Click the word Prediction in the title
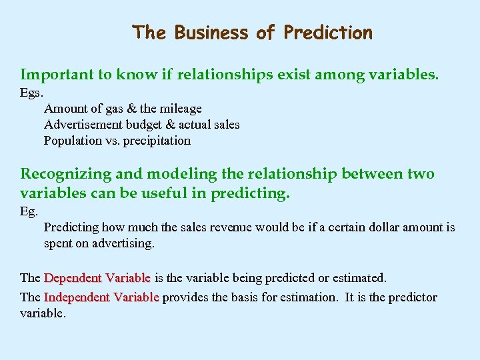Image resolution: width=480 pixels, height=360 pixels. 328,33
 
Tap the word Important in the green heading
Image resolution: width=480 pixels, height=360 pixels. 57,75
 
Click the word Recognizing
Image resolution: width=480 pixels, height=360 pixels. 65,175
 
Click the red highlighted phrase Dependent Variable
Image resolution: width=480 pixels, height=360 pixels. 97,277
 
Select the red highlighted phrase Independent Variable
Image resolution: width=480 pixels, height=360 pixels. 101,297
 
